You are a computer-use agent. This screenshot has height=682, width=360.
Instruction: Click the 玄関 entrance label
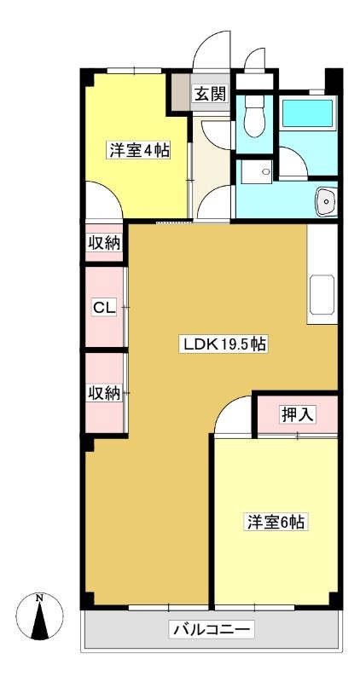(x=210, y=94)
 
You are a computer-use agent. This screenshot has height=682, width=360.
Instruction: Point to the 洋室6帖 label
(x=276, y=523)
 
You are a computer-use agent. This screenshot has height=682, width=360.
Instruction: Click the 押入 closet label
(x=297, y=415)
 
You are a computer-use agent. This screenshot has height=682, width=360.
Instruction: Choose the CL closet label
(x=104, y=308)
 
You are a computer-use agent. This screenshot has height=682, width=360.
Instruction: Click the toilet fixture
(x=254, y=116)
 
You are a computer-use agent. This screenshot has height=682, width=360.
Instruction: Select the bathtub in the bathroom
(x=307, y=113)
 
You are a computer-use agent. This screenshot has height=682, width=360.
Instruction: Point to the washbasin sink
(x=326, y=202)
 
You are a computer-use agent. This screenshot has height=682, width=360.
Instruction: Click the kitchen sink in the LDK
(x=322, y=294)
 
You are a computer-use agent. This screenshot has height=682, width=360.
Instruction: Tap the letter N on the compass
(x=39, y=598)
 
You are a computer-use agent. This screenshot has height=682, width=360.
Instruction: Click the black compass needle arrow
(x=39, y=621)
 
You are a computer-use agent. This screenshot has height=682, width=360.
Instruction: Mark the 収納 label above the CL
(x=104, y=243)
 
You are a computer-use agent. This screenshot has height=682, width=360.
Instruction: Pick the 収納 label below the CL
(x=104, y=393)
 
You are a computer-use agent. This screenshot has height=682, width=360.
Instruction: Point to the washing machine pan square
(x=257, y=171)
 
